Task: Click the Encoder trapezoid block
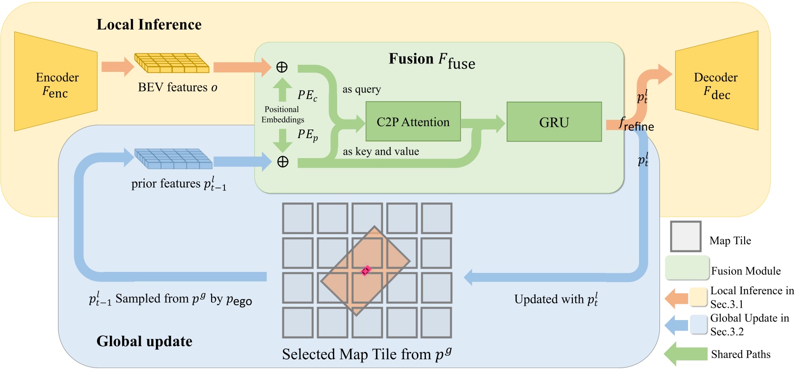(x=56, y=82)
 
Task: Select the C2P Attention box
(x=413, y=122)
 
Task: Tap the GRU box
(x=554, y=122)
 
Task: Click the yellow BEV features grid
(x=172, y=63)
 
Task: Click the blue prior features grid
(x=173, y=159)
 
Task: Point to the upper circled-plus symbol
(x=282, y=67)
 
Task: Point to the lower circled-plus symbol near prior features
(x=283, y=162)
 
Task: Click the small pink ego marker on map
(x=365, y=270)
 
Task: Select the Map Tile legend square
(x=685, y=236)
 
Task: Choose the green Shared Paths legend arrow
(x=685, y=354)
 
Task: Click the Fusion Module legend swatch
(x=687, y=268)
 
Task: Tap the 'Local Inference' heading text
(x=149, y=25)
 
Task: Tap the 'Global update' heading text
(x=144, y=341)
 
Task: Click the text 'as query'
(x=361, y=90)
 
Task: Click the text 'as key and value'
(x=381, y=151)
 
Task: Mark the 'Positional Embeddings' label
(x=282, y=114)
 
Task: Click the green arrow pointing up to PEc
(x=282, y=89)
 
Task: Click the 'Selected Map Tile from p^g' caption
(x=366, y=354)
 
